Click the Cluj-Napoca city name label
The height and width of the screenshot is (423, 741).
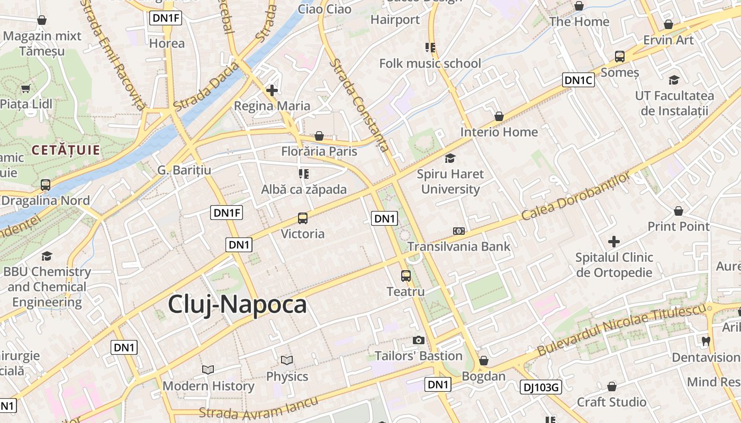[237, 305]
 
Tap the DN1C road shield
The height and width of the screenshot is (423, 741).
[578, 80]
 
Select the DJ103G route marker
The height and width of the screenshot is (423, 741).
[540, 387]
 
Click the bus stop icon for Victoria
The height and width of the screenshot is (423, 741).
[303, 218]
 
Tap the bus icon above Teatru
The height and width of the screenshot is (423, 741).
[406, 275]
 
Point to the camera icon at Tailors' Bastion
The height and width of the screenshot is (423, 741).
[419, 340]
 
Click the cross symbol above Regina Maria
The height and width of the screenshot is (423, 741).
[272, 90]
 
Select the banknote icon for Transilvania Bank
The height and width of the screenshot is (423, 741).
[459, 231]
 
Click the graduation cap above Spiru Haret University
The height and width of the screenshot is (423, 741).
[450, 158]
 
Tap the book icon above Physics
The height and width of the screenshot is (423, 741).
[287, 361]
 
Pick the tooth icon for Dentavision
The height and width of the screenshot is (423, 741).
[706, 341]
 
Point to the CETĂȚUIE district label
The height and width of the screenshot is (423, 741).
[66, 150]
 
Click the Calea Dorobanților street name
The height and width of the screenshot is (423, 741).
[576, 196]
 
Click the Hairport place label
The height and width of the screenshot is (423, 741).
[395, 20]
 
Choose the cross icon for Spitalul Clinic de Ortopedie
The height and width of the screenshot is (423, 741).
[614, 242]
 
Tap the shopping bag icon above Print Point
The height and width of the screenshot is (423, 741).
[679, 211]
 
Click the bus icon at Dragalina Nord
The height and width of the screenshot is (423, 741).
[46, 185]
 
